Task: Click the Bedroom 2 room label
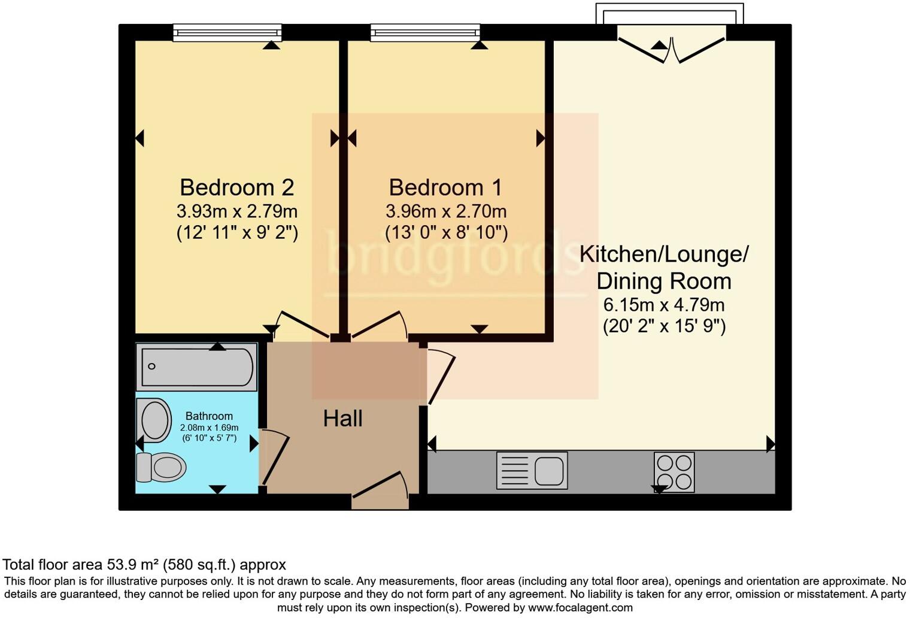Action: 236,187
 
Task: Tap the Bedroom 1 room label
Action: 445,187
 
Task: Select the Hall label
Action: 342,418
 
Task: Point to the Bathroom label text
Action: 209,416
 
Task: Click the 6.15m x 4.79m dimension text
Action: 663,305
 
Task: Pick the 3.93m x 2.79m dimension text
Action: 236,211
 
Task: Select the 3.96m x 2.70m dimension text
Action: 445,211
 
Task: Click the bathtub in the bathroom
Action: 196,366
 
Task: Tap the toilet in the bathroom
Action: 160,467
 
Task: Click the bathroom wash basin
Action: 154,420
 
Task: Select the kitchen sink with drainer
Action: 532,470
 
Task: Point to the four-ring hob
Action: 674,472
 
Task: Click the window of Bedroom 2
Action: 227,32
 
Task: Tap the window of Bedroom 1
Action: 425,32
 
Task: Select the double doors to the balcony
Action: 671,49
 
